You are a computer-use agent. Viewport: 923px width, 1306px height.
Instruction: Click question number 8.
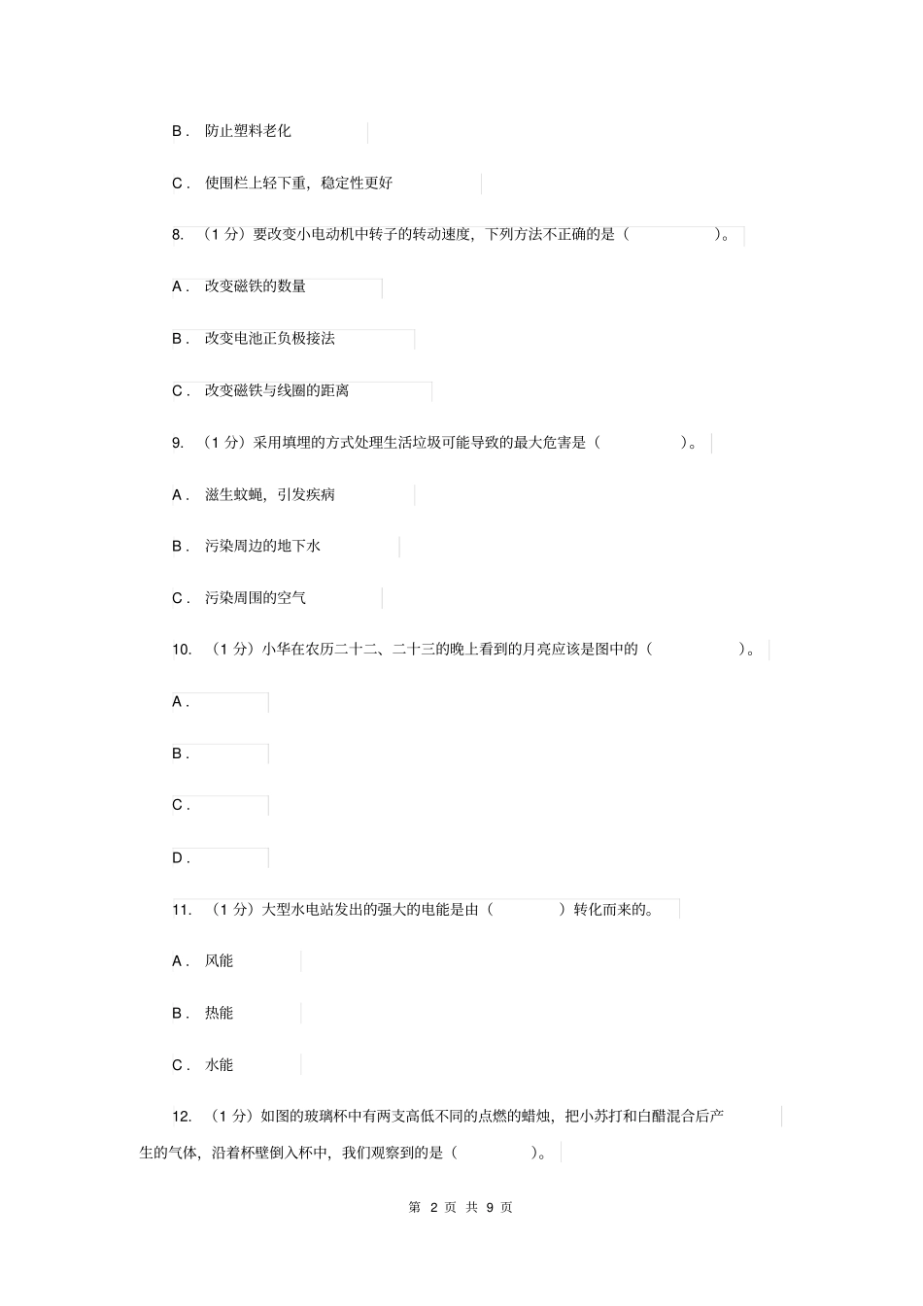[178, 234]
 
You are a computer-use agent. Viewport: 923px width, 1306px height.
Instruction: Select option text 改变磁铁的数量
[256, 286]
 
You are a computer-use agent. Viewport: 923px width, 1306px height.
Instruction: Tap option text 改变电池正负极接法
[269, 339]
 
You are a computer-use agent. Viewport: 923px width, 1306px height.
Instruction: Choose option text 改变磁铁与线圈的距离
[277, 390]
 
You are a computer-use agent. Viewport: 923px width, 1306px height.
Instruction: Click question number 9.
[178, 443]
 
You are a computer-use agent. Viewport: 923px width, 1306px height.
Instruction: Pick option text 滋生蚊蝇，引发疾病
[269, 495]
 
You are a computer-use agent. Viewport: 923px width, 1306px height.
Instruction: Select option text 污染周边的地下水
[262, 547]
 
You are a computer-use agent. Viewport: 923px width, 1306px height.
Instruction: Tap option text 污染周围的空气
[256, 598]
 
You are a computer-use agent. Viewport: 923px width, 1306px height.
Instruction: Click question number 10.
[182, 650]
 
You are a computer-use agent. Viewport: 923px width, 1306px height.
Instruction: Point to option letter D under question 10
[179, 857]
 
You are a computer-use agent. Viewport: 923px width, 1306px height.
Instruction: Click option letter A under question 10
[179, 702]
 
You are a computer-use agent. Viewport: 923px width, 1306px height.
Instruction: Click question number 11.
[181, 910]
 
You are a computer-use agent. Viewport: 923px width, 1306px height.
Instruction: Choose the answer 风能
[219, 961]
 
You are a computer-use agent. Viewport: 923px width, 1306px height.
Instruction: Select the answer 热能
[219, 1013]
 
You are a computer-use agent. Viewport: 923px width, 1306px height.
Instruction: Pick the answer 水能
[219, 1065]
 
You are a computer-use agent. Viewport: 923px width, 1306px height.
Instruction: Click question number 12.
[181, 1117]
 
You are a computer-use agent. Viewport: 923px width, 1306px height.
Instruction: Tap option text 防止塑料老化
[248, 131]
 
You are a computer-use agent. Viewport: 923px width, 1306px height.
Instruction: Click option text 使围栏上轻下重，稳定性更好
[298, 183]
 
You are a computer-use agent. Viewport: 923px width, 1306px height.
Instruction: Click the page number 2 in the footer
[434, 1207]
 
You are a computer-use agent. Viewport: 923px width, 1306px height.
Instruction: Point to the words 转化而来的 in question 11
[608, 910]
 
